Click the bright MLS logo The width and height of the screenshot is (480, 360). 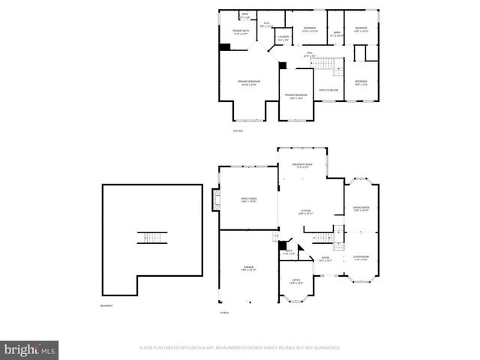[30, 349]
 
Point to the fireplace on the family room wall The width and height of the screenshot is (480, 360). [217, 200]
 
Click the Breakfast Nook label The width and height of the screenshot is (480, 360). [302, 165]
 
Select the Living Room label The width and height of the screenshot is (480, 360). [361, 258]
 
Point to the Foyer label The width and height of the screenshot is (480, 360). [326, 258]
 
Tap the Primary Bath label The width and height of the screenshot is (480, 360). [240, 31]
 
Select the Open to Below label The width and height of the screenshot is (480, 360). [328, 90]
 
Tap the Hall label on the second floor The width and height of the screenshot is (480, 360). [309, 54]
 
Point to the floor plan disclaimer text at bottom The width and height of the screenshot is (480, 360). [240, 348]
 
